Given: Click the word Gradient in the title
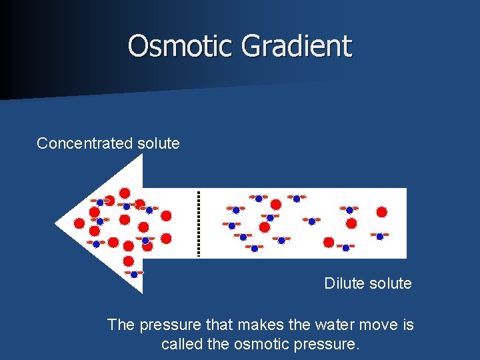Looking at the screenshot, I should pyautogui.click(x=297, y=46).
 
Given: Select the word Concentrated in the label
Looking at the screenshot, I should pyautogui.click(x=85, y=143).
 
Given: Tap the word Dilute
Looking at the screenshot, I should pyautogui.click(x=345, y=283).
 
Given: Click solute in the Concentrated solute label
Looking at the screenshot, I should pyautogui.click(x=158, y=143).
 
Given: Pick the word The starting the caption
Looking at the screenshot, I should pyautogui.click(x=121, y=325).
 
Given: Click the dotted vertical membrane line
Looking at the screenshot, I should pyautogui.click(x=198, y=223).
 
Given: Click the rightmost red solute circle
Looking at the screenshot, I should pyautogui.click(x=382, y=212).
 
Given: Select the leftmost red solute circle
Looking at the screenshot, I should pyautogui.click(x=79, y=223).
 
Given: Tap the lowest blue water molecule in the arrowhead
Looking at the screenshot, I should pyautogui.click(x=134, y=274).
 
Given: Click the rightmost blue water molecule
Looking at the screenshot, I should pyautogui.click(x=379, y=236).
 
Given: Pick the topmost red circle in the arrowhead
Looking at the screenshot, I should pyautogui.click(x=125, y=193).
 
